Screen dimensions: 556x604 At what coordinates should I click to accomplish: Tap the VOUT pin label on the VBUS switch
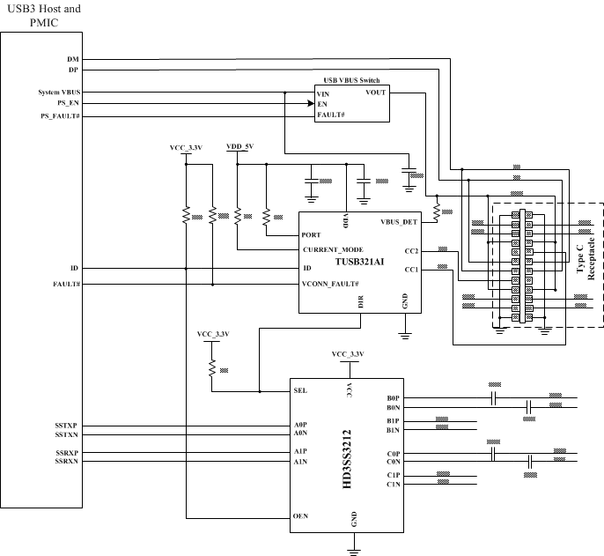click(375, 92)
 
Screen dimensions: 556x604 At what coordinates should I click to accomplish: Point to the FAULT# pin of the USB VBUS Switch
click(330, 115)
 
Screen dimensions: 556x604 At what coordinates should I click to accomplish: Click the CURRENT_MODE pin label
click(333, 250)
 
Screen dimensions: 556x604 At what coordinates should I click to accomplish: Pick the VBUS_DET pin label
click(399, 222)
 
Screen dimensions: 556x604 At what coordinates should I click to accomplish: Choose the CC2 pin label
click(410, 251)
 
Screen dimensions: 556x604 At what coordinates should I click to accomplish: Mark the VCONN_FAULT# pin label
click(330, 284)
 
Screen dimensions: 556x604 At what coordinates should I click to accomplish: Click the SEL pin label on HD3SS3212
click(301, 390)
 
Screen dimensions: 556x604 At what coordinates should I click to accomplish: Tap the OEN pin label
click(301, 515)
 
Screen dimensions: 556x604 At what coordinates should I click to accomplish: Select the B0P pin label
click(393, 399)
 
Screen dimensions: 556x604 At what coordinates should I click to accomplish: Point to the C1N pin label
click(393, 485)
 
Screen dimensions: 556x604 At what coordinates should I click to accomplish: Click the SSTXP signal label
click(67, 426)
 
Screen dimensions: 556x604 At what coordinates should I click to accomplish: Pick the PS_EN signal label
click(69, 103)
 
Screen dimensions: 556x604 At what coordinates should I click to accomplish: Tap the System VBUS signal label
click(59, 92)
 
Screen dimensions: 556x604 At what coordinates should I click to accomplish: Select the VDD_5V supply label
click(239, 146)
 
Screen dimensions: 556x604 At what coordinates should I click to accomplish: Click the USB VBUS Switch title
click(353, 80)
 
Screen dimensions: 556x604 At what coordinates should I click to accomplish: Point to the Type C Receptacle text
click(585, 252)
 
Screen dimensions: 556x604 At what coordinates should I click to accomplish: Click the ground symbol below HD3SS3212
click(354, 551)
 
